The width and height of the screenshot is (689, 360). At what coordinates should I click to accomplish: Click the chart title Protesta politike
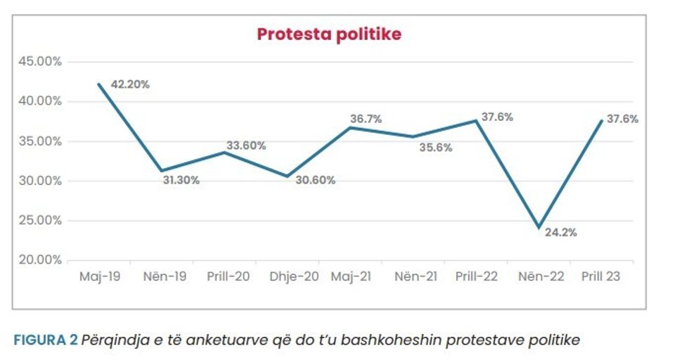tap(328, 34)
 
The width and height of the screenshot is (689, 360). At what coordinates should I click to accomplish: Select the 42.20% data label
tap(130, 84)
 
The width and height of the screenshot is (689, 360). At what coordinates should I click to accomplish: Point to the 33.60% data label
tap(246, 146)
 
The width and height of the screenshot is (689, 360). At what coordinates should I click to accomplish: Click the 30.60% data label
tap(315, 180)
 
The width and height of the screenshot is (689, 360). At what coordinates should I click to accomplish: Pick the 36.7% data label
tap(366, 120)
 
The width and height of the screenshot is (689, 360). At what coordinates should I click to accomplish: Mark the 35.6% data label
tap(437, 148)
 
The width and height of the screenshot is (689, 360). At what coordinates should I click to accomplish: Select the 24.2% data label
tap(561, 233)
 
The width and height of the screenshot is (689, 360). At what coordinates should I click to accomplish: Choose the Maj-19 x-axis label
tap(99, 277)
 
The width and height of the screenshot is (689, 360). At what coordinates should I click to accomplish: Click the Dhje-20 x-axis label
tap(295, 277)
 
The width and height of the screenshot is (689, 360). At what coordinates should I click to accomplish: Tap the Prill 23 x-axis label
tap(601, 277)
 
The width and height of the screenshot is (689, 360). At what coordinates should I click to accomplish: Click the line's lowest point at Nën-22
tap(539, 227)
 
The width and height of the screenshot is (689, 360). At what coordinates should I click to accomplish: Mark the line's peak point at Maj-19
tap(99, 84)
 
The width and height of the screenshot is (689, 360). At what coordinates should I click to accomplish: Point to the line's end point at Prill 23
tap(601, 120)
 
